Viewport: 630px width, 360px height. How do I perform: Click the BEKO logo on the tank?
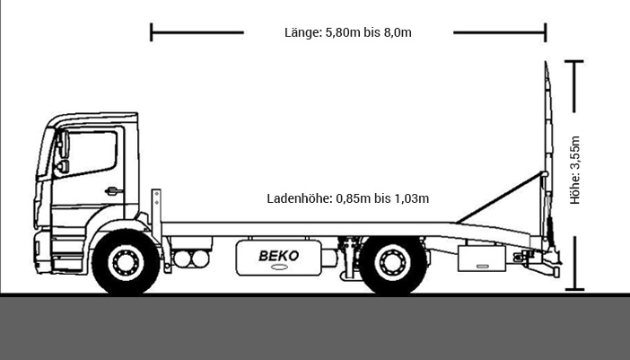click(279, 256)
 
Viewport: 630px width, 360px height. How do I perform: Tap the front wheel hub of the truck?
click(126, 262)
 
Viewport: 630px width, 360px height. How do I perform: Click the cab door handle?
click(114, 191)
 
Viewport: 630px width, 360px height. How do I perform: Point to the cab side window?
click(91, 152)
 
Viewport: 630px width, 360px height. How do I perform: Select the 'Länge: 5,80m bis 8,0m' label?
click(348, 32)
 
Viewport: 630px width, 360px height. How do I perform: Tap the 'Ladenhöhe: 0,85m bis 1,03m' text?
click(348, 198)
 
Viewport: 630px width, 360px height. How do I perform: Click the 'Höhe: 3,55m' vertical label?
click(575, 170)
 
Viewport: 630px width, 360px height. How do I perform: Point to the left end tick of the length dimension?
click(151, 32)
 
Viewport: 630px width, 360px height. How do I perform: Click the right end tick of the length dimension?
click(546, 32)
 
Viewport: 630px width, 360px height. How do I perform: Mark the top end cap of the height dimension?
click(574, 61)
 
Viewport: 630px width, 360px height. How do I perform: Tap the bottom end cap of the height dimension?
click(574, 289)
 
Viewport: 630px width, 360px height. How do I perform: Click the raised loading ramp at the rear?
click(548, 157)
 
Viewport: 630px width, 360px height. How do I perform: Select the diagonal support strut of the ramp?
click(500, 198)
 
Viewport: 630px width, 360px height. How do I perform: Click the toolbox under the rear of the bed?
click(482, 259)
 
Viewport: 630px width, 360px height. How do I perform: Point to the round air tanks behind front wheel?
click(191, 259)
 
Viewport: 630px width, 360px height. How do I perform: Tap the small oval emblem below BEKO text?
click(279, 268)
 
